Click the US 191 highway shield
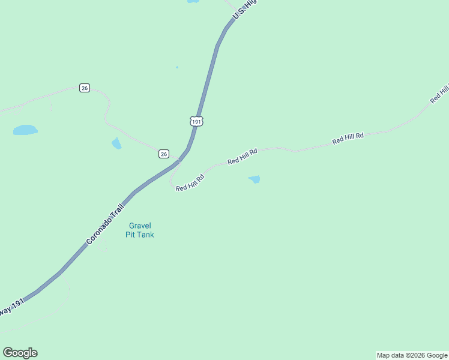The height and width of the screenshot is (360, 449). [x=197, y=121]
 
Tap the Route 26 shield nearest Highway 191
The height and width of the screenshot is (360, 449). [x=164, y=154]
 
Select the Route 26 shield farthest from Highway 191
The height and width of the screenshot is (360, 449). [x=84, y=88]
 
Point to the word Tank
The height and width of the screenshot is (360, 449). [x=145, y=235]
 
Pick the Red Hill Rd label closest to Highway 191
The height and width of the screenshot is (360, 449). [x=190, y=182]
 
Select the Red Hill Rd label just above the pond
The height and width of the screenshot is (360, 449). [x=242, y=157]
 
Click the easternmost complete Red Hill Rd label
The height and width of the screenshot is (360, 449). [x=348, y=138]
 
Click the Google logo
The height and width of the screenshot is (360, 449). [x=20, y=353]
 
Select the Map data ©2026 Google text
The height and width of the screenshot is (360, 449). [x=412, y=355]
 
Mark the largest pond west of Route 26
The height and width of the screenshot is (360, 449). [x=25, y=130]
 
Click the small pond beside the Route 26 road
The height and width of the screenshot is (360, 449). [x=116, y=143]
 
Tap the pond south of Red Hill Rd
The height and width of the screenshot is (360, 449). [x=255, y=179]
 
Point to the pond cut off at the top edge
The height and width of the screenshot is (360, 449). [x=193, y=1]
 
